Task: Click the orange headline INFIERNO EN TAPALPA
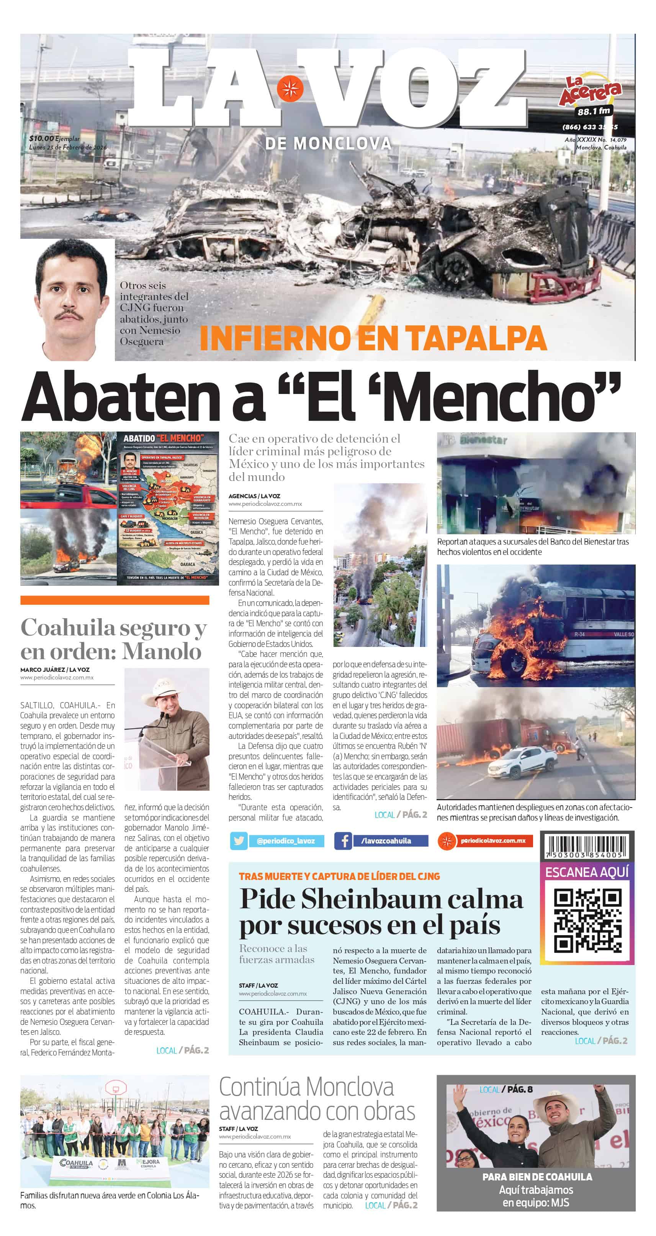[x=373, y=338]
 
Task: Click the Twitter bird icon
[x=239, y=840]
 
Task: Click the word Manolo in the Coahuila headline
[x=162, y=651]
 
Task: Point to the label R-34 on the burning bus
[x=579, y=634]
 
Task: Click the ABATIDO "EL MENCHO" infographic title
[x=163, y=438]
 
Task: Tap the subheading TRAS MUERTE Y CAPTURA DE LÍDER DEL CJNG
[x=339, y=876]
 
